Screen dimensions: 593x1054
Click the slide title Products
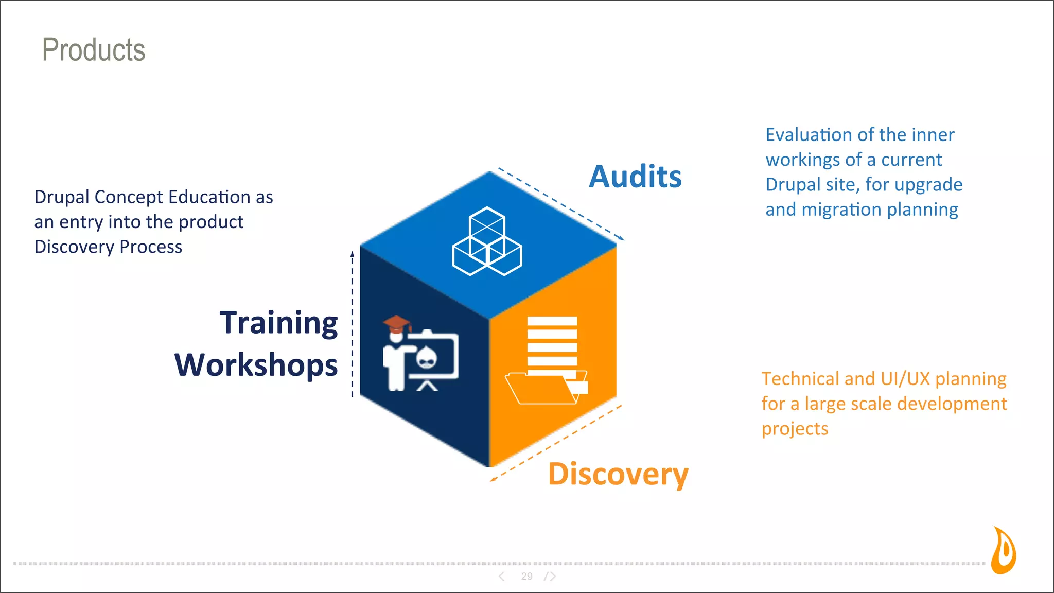click(x=94, y=50)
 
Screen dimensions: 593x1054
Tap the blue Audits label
click(x=635, y=177)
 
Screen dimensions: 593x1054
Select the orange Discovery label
click(x=618, y=474)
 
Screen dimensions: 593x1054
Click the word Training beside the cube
click(x=278, y=323)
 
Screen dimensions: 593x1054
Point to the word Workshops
click(x=256, y=365)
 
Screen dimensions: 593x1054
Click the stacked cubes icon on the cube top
click(x=487, y=241)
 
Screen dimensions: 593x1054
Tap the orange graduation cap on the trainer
click(x=396, y=324)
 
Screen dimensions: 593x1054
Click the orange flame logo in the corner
click(x=1004, y=550)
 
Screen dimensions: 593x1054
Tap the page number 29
click(x=526, y=577)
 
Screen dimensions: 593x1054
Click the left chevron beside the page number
click(x=502, y=577)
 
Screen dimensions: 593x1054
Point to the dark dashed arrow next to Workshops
click(x=353, y=324)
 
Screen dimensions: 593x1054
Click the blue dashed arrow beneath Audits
click(x=561, y=204)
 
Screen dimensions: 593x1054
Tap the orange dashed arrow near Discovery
click(x=556, y=443)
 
